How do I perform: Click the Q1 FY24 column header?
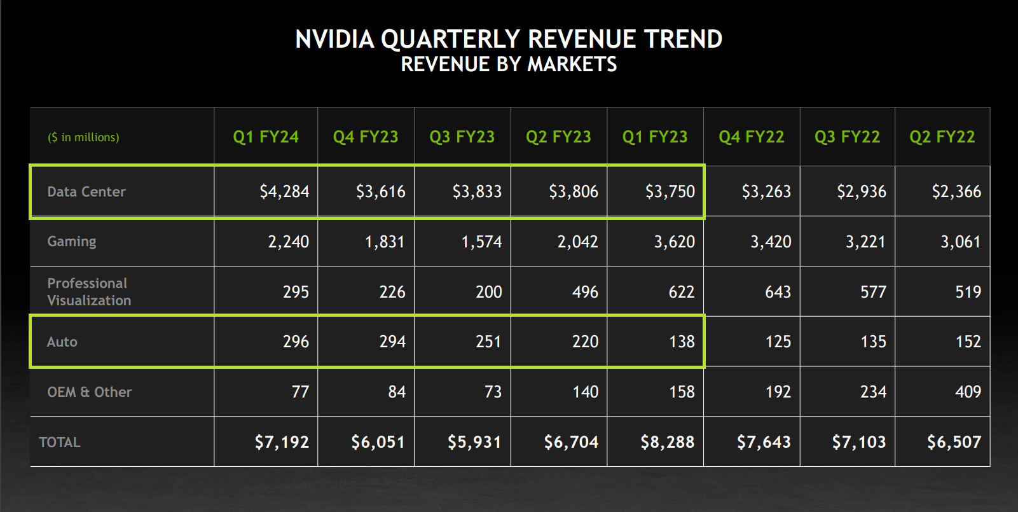pos(266,137)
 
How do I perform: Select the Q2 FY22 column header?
pos(942,137)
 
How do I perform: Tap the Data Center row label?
pos(86,191)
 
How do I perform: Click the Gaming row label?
pos(72,241)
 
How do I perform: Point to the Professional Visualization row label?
pos(89,292)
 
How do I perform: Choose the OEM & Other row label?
pos(90,392)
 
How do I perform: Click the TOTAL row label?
pos(60,442)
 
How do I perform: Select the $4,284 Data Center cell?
pos(284,191)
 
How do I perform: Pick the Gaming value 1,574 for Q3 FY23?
pos(481,242)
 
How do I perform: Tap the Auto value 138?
pos(682,342)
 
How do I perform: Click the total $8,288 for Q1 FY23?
pos(667,442)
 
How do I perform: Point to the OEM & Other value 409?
pos(968,392)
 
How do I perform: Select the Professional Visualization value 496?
pos(585,292)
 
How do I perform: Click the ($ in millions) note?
pos(83,137)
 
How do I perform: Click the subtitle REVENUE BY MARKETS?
pos(509,64)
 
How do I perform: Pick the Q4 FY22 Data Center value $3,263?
pos(766,191)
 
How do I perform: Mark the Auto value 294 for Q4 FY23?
pos(392,342)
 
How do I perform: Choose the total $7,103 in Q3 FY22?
pos(858,442)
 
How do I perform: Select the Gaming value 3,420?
pos(771,242)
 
